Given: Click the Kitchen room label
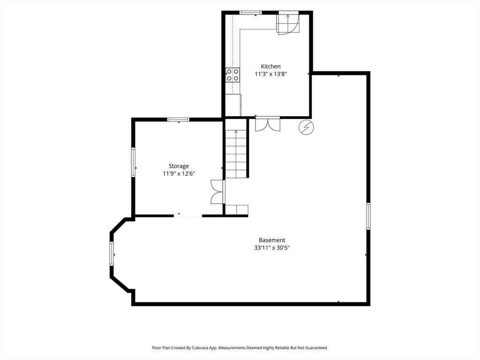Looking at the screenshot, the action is pyautogui.click(x=270, y=67).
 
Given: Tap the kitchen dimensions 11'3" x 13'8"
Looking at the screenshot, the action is pyautogui.click(x=270, y=74).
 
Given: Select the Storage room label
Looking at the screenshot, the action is pyautogui.click(x=179, y=166).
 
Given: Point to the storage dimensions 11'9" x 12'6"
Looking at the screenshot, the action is pyautogui.click(x=179, y=174).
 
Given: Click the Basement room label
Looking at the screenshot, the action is pyautogui.click(x=272, y=240).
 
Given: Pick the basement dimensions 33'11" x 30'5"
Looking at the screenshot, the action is pyautogui.click(x=272, y=247).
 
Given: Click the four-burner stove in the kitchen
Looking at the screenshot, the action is pyautogui.click(x=232, y=75).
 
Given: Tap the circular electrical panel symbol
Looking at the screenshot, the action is pyautogui.click(x=306, y=127).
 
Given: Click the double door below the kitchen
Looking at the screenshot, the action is pyautogui.click(x=268, y=124).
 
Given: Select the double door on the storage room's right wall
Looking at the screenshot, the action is pyautogui.click(x=217, y=192).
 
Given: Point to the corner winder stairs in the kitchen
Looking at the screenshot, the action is pyautogui.click(x=288, y=23).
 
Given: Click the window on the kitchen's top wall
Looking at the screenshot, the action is pyautogui.click(x=250, y=13).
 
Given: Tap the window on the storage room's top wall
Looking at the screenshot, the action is pyautogui.click(x=178, y=120).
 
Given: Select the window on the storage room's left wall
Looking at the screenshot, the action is pyautogui.click(x=133, y=162).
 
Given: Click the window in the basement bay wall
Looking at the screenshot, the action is pyautogui.click(x=112, y=254).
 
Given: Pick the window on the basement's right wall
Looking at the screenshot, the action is pyautogui.click(x=368, y=216).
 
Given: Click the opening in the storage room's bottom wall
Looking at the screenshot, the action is pyautogui.click(x=188, y=216).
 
